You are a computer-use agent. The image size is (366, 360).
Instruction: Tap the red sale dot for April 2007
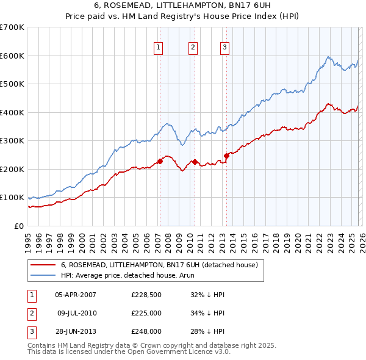click(x=160, y=161)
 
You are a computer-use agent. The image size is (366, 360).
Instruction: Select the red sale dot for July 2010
click(x=195, y=162)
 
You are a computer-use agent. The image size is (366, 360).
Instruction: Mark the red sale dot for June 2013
click(x=226, y=156)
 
